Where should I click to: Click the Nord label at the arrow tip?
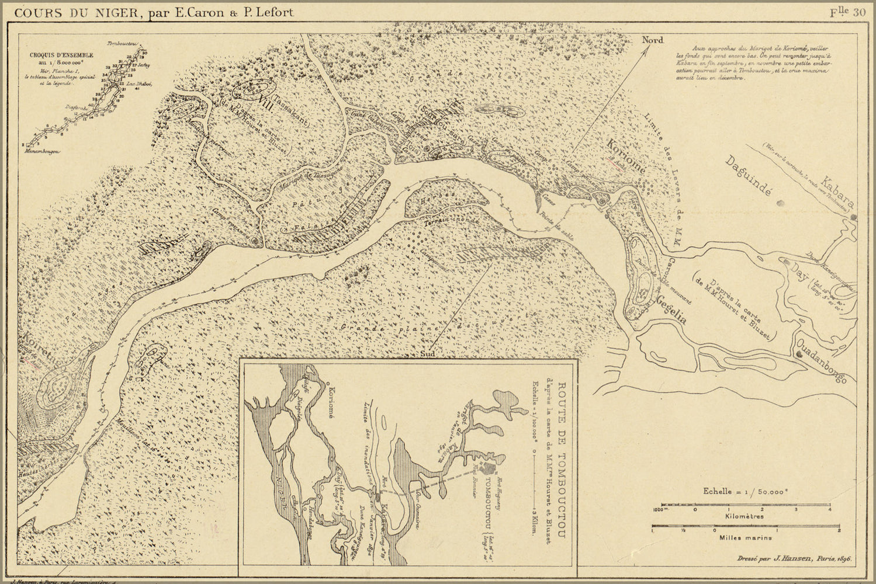point(653,40)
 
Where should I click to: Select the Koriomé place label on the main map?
point(626,156)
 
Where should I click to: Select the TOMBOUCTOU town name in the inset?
point(483,514)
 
